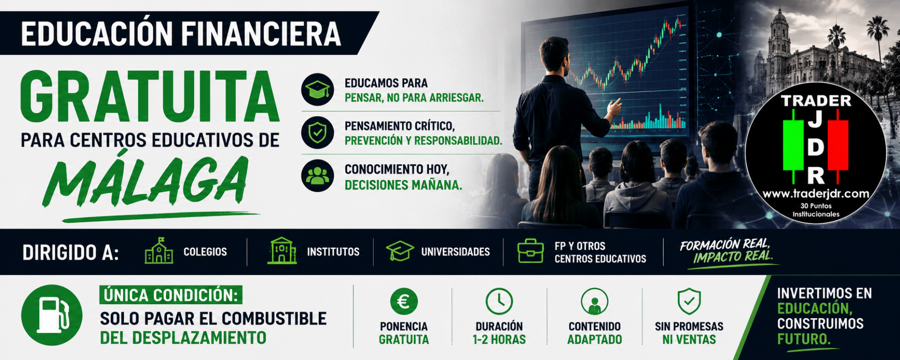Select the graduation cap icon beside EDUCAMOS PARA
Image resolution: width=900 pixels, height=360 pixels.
[318, 89]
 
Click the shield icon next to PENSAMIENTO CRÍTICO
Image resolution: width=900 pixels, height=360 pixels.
[318, 133]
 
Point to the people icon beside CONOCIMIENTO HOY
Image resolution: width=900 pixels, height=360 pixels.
[318, 176]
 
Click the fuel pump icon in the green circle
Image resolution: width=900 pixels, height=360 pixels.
[52, 315]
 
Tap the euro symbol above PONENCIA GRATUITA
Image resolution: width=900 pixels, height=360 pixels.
[404, 301]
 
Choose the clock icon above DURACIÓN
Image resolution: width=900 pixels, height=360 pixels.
[499, 301]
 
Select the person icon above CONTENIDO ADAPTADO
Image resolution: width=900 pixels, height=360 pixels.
[594, 301]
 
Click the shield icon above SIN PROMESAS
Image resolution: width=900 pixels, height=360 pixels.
[689, 301]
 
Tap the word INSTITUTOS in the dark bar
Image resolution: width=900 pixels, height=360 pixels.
[333, 252]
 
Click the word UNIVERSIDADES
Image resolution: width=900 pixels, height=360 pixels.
[455, 252]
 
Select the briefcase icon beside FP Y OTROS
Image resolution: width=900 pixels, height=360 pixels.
[530, 251]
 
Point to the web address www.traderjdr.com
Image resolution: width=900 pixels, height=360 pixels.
[816, 194]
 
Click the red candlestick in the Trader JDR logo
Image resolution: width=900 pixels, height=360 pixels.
[838, 146]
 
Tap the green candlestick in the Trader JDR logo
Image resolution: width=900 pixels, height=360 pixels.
[793, 146]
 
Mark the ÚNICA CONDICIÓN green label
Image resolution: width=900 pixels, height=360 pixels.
[171, 295]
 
